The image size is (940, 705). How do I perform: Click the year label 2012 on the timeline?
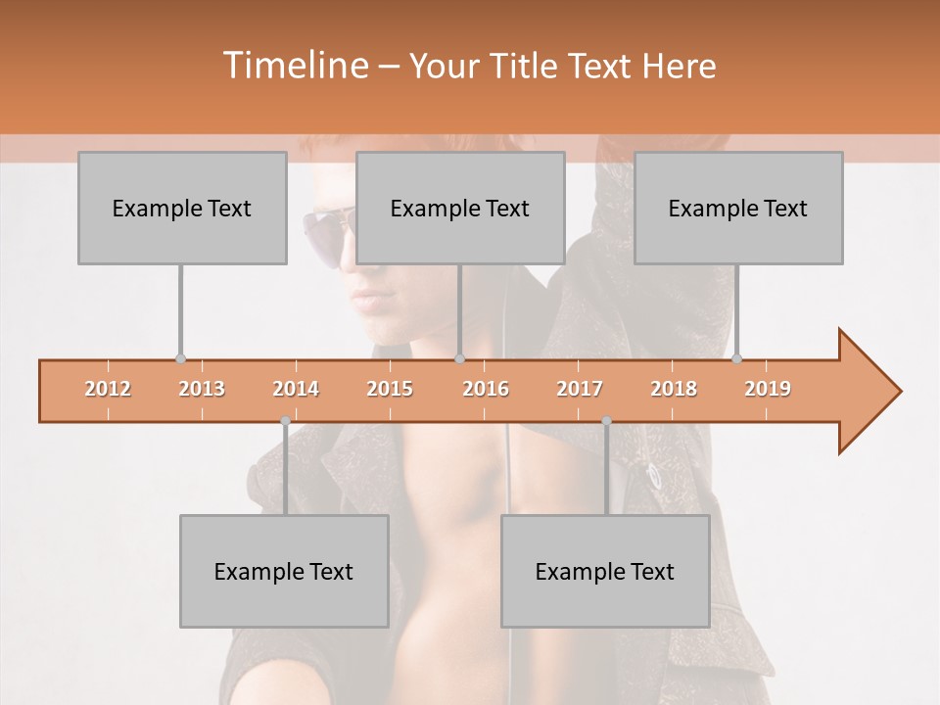point(108,389)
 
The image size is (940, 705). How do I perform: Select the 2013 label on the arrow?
point(202,389)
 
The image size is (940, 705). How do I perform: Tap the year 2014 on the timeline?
point(296,389)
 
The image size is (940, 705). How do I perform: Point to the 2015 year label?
point(390,389)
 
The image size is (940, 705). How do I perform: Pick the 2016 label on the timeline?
point(486,389)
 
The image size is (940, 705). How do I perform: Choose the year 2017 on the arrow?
point(580,389)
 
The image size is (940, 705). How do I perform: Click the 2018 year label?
point(674,389)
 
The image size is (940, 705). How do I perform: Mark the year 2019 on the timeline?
point(768,389)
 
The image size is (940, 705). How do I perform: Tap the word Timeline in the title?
point(294,66)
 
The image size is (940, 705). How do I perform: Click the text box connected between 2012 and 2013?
point(182,208)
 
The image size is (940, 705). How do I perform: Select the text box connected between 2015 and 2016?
point(460,208)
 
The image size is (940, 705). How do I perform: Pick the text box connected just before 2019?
point(738,208)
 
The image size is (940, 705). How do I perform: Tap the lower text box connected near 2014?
point(284,571)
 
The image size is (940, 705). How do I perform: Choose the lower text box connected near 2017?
point(605,571)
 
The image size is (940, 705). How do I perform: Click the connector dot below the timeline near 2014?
point(285,421)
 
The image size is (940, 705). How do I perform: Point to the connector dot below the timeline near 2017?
point(606,421)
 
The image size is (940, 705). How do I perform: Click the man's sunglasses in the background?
point(328,235)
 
